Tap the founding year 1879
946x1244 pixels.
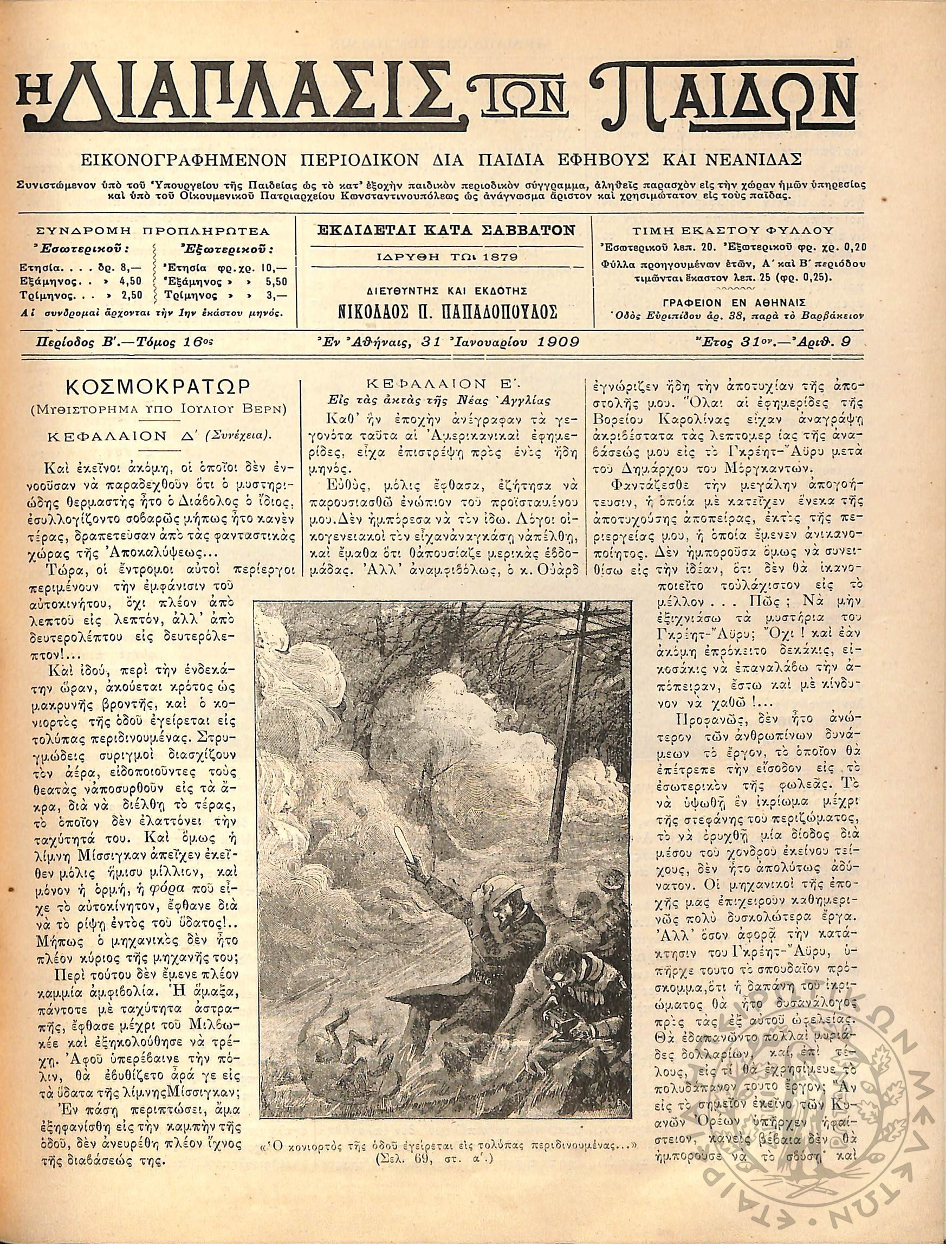click(x=494, y=256)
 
